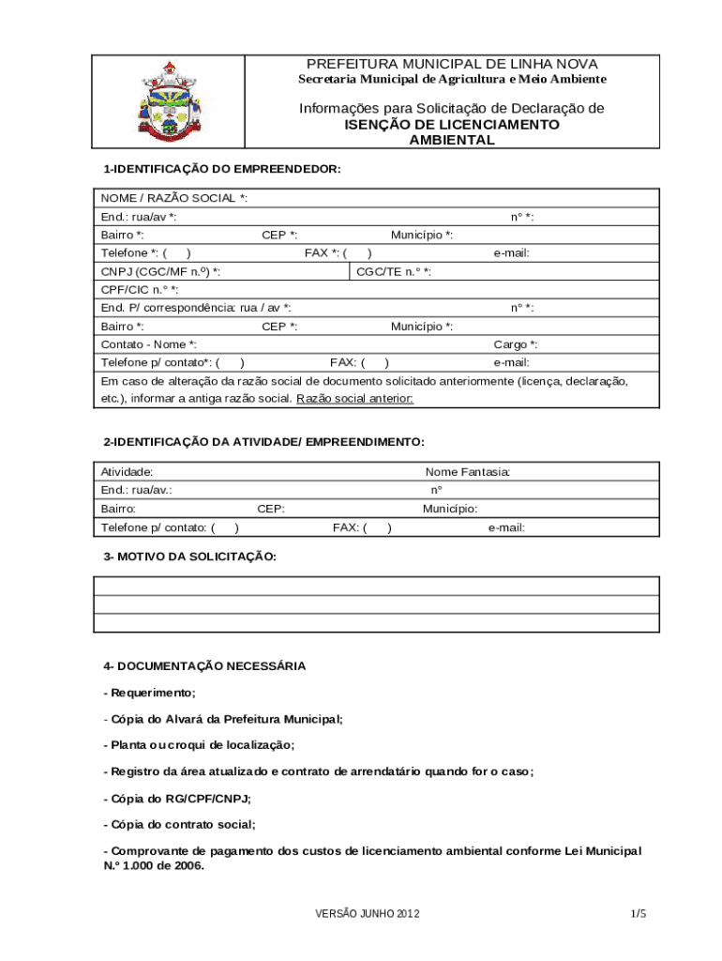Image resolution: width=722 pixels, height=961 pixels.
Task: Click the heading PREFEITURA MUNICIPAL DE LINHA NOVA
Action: [x=452, y=63]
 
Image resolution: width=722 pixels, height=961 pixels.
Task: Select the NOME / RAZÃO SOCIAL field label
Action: [x=174, y=198]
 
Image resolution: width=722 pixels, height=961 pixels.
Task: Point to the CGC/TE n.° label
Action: [x=394, y=272]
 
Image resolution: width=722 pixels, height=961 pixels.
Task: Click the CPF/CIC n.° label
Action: [x=140, y=290]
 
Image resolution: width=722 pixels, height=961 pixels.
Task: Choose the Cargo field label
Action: [x=516, y=344]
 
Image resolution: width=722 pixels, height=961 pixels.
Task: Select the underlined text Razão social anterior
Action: [x=354, y=399]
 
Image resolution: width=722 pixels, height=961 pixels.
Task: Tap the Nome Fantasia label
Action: [x=468, y=472]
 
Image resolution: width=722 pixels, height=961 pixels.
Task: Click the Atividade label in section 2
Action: [x=128, y=472]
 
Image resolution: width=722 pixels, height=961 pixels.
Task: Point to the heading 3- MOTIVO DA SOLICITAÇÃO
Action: [x=189, y=557]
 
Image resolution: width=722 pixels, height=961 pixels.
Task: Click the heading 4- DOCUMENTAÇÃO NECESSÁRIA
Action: [x=204, y=666]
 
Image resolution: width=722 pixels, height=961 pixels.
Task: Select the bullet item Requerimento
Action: [x=150, y=693]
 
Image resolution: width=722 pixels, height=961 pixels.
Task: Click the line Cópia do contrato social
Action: [x=179, y=824]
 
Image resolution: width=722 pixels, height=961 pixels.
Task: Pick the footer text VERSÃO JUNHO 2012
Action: [x=368, y=914]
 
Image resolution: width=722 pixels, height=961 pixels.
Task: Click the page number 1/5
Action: [x=639, y=914]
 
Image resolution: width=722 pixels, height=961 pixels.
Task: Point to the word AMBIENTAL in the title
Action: [x=452, y=140]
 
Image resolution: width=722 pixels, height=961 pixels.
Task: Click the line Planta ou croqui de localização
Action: [x=199, y=745]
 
